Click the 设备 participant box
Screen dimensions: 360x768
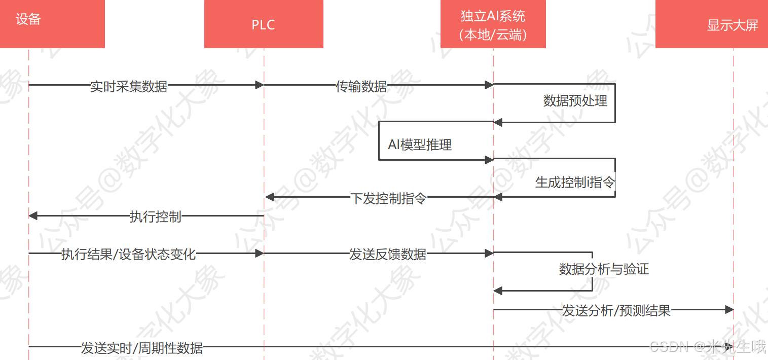click(52, 24)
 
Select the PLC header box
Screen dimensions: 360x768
click(264, 24)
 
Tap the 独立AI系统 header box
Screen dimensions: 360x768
click(493, 24)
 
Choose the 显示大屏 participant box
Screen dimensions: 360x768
click(712, 24)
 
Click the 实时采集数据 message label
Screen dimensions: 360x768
click(129, 86)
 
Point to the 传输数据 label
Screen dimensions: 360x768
click(361, 86)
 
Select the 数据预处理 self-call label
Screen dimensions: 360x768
click(575, 101)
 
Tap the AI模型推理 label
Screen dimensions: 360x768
click(420, 145)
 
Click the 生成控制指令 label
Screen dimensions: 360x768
click(575, 183)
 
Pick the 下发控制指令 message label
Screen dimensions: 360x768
click(388, 198)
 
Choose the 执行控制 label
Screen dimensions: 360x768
click(156, 217)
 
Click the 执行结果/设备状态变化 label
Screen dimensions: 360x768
click(128, 254)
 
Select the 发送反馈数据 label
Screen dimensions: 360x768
click(387, 254)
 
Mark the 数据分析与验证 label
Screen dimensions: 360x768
click(604, 269)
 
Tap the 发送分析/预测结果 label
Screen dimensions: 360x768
click(616, 310)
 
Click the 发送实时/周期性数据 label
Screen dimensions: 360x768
click(142, 348)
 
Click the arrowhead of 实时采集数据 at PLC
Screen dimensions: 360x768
click(259, 85)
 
